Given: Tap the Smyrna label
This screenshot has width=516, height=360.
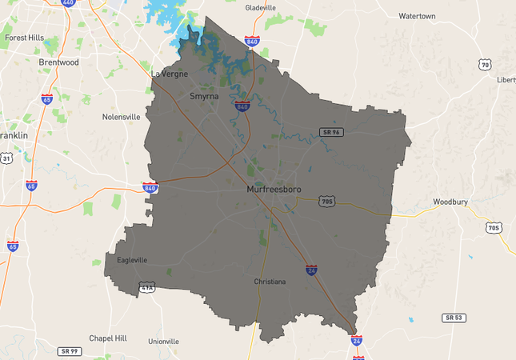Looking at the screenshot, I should pos(203,96).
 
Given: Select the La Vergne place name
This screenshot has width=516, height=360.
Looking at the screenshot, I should pos(170,74).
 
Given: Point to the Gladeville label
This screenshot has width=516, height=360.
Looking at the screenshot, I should pos(260,8).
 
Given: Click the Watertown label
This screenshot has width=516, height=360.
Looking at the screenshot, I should pos(417,16).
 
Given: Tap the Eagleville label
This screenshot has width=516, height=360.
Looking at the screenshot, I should pos(132,260).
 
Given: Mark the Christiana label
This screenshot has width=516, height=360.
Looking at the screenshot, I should pos(269,282).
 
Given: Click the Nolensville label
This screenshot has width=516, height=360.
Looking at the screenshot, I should pos(122,117).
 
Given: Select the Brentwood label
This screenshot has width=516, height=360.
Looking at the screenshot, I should pos(58,62).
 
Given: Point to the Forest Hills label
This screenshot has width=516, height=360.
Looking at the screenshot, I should pos(25,38).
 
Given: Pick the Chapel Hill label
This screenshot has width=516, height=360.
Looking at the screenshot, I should pos(108,338).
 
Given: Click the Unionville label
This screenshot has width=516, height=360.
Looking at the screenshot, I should pos(164,341).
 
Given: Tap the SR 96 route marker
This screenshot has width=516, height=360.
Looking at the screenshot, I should pos(330,131).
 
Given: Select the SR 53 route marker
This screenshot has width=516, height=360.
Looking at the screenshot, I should pos(454,318).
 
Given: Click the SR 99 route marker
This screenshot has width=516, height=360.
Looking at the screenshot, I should pos(70,351).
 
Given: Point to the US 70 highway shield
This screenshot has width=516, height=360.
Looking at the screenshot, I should pos(485,64).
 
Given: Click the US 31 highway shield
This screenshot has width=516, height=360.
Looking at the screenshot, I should pos(6,159).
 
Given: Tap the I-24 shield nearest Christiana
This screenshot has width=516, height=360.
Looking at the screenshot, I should pos(310,270).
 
